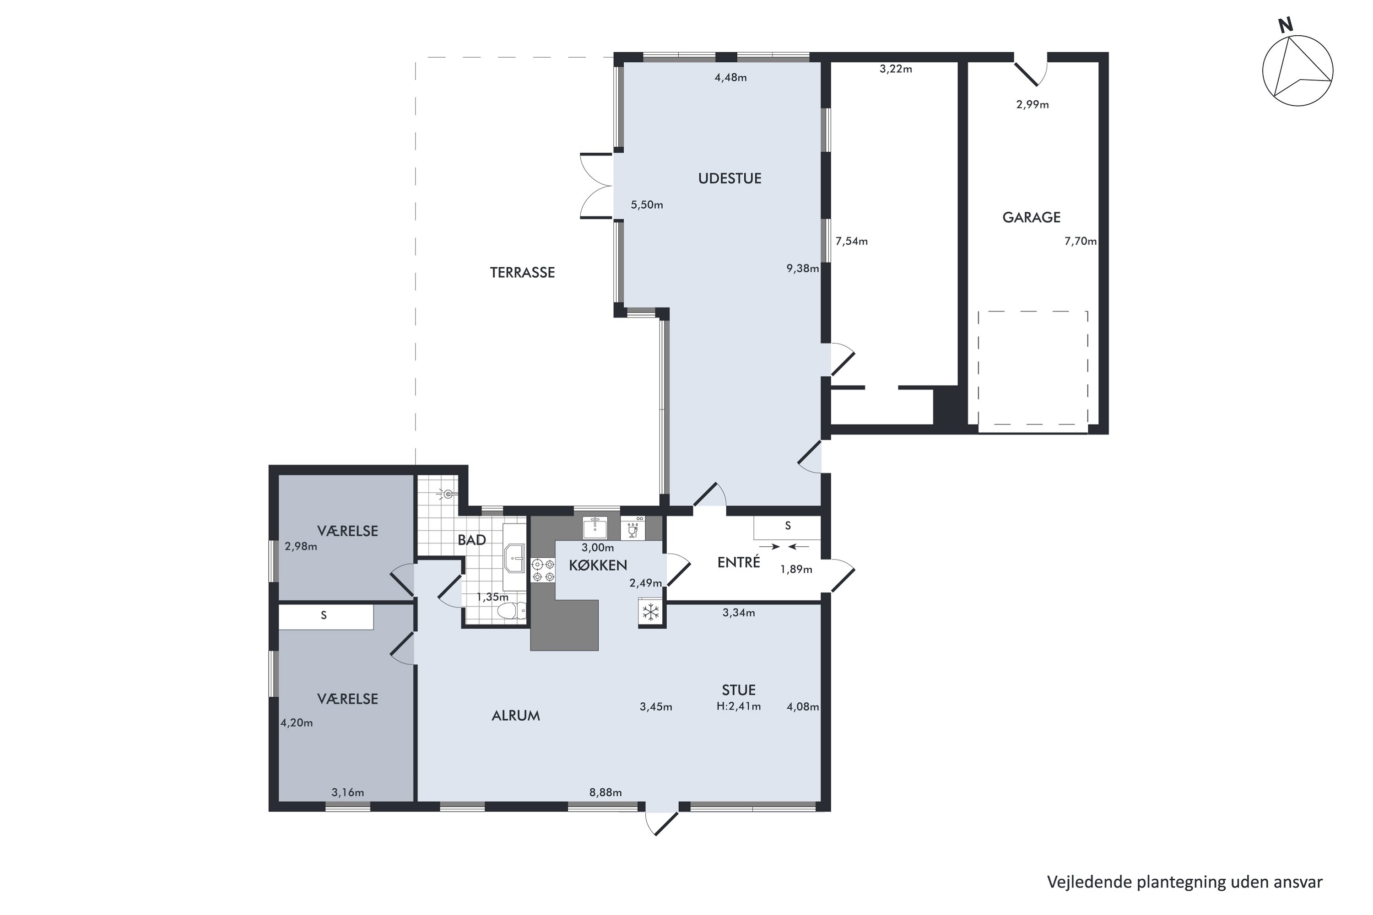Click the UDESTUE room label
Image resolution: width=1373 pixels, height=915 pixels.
[730, 178]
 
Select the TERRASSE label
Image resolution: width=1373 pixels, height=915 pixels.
[523, 273]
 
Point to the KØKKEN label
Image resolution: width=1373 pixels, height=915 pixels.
[598, 565]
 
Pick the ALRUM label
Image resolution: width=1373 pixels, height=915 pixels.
[516, 716]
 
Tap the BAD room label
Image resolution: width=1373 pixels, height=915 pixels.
[472, 540]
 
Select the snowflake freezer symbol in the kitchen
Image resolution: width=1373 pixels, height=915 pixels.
[650, 612]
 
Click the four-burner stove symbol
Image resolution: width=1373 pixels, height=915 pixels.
[542, 570]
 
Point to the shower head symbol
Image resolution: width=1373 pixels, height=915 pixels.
[447, 494]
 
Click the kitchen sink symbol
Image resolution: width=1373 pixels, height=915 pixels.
[595, 527]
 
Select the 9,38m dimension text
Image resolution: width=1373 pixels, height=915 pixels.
[803, 269]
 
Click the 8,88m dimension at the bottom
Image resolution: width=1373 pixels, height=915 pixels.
[605, 792]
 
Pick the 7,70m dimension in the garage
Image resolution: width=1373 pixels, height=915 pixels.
[1081, 241]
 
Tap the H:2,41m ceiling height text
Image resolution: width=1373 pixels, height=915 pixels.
[739, 707]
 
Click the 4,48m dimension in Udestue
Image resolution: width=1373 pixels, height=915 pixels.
[731, 78]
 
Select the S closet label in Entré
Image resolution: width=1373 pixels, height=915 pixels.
[788, 526]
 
